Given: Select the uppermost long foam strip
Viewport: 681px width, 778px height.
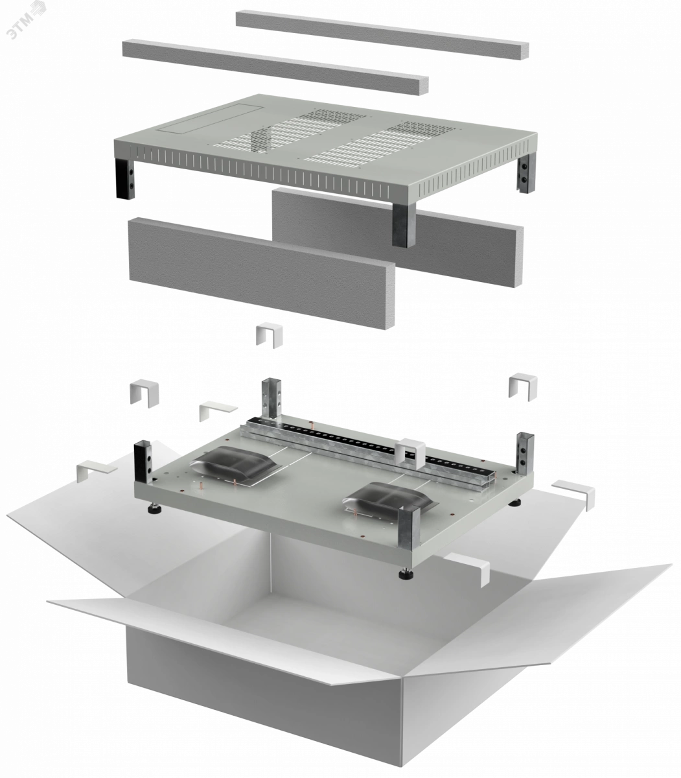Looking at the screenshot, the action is point(382,34).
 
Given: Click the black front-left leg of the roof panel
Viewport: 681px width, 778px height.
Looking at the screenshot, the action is point(125,178).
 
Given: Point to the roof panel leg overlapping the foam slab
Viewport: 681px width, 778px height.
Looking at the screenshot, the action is point(404,226).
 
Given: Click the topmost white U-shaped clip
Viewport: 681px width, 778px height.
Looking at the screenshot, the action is point(270,335).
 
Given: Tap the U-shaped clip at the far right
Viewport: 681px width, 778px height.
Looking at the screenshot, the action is point(523,386).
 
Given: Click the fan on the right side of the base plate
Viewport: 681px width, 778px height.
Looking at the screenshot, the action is point(389,498).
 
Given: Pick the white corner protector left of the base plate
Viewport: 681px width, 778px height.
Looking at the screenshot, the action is point(96,471).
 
